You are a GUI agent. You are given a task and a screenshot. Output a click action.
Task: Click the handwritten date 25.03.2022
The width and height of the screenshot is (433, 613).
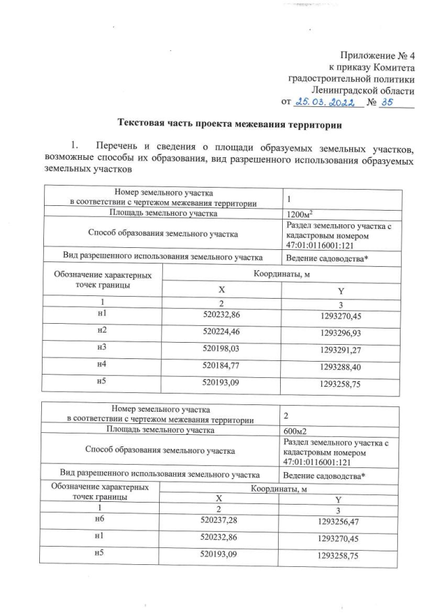click(x=325, y=102)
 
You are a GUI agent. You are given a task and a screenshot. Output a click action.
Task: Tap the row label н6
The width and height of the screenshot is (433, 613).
click(x=102, y=520)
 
